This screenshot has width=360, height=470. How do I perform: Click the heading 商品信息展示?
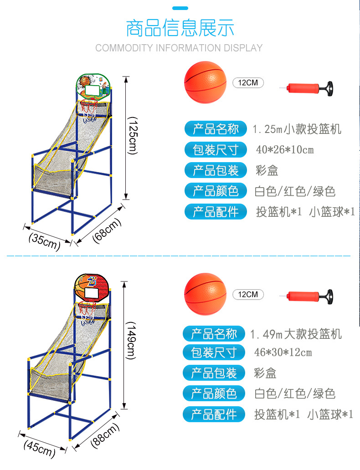(x=180, y=28)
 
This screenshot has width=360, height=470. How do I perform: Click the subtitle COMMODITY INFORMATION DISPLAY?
(x=179, y=48)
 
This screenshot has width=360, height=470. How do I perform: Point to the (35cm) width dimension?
(x=44, y=241)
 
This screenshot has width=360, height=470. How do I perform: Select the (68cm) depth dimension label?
(x=107, y=230)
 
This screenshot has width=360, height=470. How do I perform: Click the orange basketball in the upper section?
(x=205, y=82)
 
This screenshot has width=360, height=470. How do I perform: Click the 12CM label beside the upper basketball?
(x=248, y=83)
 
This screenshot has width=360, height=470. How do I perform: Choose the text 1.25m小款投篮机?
(x=297, y=129)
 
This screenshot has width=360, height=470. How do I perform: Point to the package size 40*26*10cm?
(x=285, y=150)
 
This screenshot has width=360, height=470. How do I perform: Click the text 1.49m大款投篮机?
(x=296, y=335)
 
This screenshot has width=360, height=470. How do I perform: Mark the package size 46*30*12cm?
(x=283, y=352)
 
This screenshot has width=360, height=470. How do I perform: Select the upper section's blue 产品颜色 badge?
(x=216, y=191)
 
